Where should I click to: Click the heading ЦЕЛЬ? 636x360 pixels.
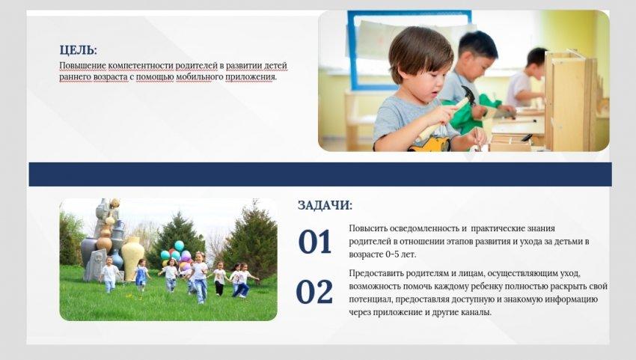tap(79, 50)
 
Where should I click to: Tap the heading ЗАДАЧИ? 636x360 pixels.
tap(325, 205)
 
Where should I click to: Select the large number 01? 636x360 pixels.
tap(315, 242)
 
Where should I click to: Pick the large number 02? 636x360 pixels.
tap(314, 292)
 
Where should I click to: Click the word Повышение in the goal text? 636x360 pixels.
tap(83, 66)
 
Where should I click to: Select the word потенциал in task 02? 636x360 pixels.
tap(370, 299)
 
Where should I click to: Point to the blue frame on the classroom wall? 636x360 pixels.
tap(351, 49)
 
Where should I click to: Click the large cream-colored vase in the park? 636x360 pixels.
tap(133, 258)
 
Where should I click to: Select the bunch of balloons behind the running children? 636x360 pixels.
tap(177, 254)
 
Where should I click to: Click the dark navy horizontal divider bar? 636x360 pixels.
tap(320, 174)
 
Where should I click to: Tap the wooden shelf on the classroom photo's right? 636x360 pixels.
tap(569, 102)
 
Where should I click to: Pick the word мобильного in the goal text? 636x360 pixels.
tap(194, 76)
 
